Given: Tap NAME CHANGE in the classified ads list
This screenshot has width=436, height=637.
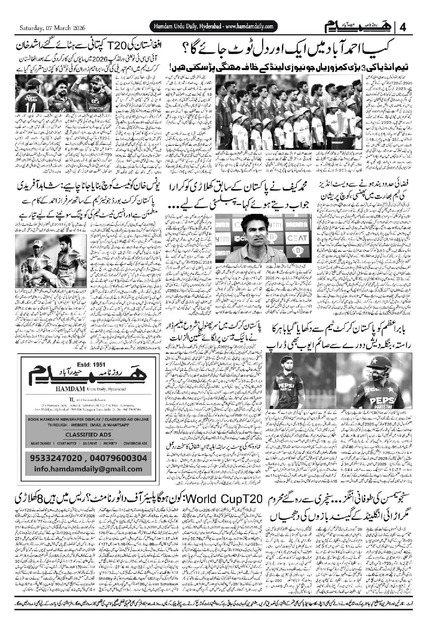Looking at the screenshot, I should click(40, 444).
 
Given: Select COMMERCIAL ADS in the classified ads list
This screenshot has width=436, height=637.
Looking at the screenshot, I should click(135, 444).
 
